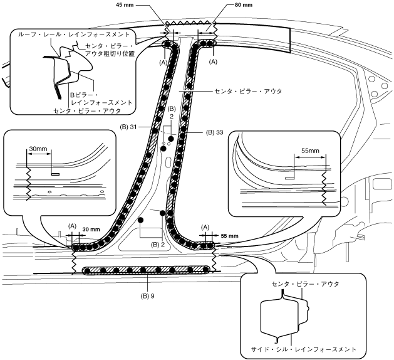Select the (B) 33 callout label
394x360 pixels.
pos(214,132)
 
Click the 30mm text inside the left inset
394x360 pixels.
pos(38,149)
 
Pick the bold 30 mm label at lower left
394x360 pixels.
pos(91,230)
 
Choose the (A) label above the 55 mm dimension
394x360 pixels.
pos(205,225)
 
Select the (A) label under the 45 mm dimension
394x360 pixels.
pos(164,62)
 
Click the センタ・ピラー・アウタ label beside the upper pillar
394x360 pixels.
pos(247,92)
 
